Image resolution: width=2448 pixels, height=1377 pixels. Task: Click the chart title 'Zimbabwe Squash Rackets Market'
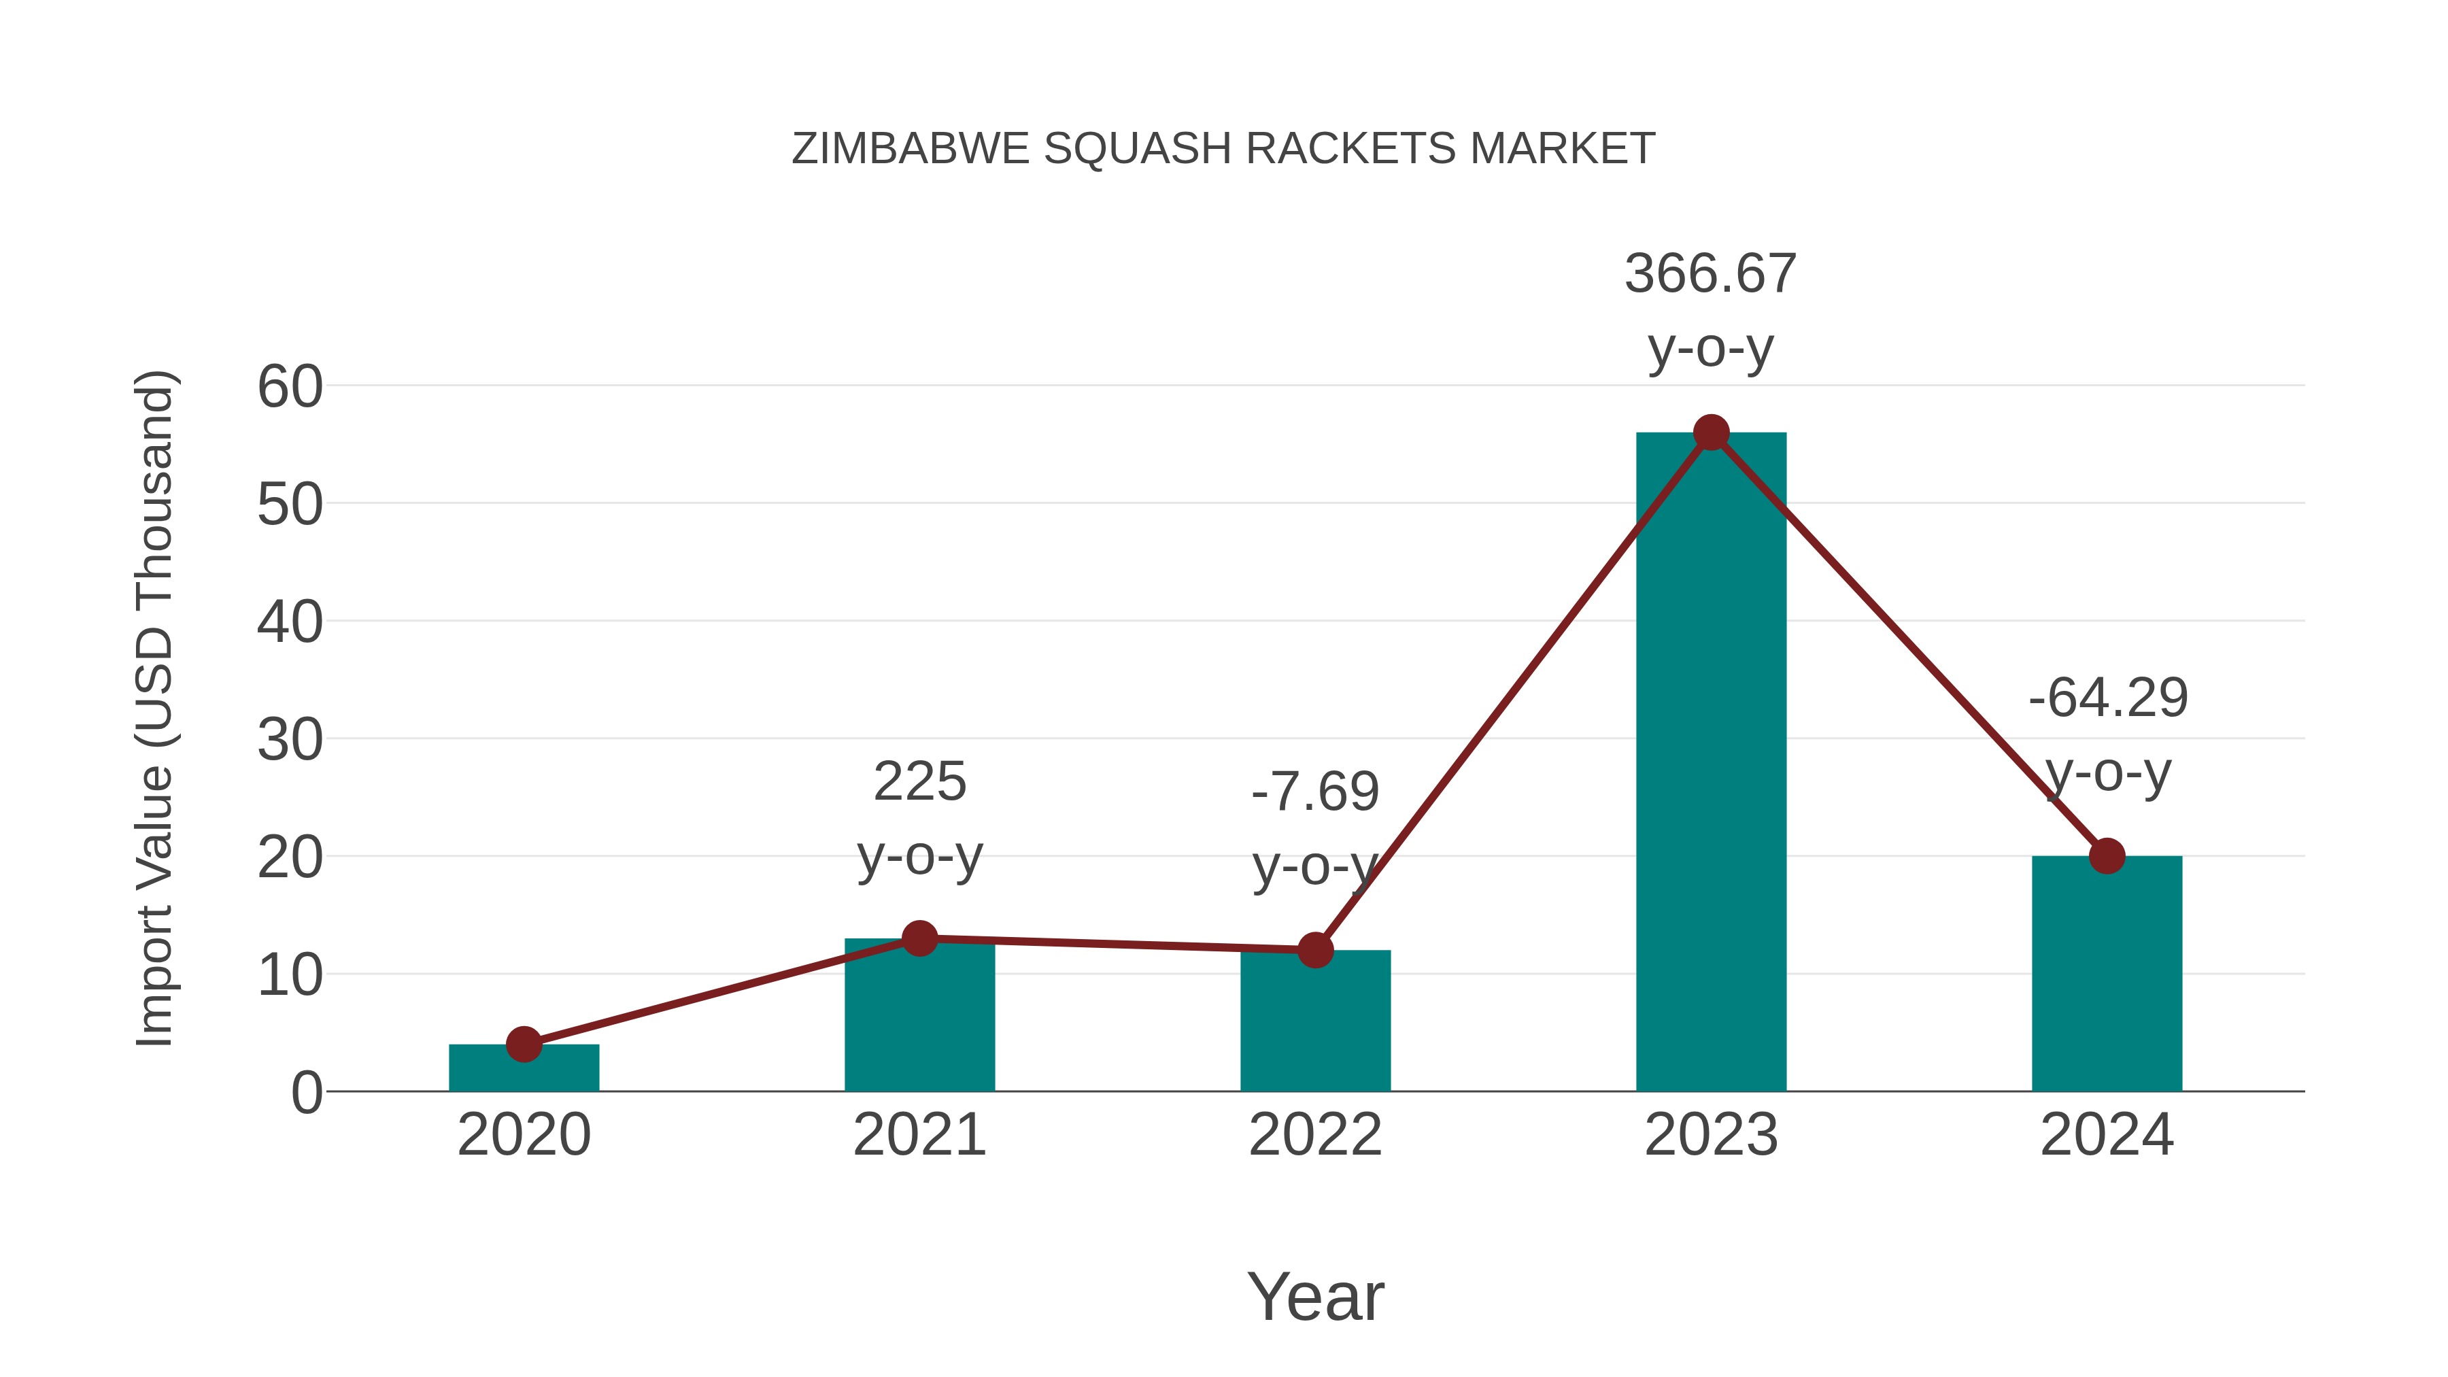pyautogui.click(x=1223, y=149)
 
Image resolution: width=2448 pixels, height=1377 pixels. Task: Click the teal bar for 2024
pyautogui.click(x=2107, y=979)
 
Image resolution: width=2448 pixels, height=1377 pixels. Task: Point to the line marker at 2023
pyautogui.click(x=1711, y=432)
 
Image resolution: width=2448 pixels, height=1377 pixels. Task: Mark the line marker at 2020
pyautogui.click(x=524, y=1044)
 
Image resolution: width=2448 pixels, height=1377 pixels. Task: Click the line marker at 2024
pyautogui.click(x=2107, y=855)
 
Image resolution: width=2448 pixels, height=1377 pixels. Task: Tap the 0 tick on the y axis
pyautogui.click(x=306, y=1092)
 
